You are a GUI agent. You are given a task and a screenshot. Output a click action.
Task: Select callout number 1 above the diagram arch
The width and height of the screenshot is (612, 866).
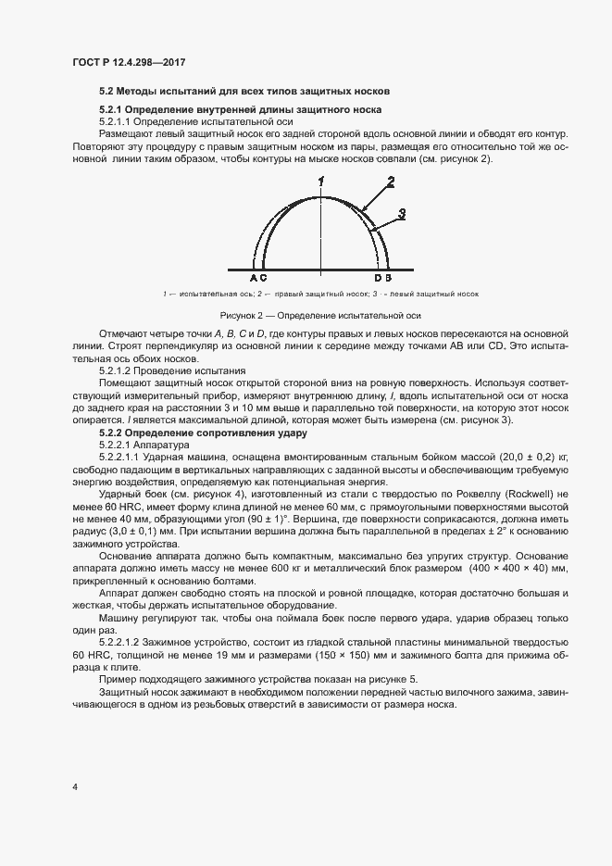coord(321,180)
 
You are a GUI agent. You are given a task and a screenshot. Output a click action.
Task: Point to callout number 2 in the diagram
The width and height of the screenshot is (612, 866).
coord(391,182)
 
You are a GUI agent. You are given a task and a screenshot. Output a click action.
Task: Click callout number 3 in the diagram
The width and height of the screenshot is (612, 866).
coord(403,213)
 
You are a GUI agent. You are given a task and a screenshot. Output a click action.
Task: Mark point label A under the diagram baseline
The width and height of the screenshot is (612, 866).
coord(253,277)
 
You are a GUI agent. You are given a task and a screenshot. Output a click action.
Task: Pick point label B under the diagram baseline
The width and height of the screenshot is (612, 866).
coord(388,277)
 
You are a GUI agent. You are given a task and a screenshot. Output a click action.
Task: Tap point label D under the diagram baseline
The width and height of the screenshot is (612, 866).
coord(378,277)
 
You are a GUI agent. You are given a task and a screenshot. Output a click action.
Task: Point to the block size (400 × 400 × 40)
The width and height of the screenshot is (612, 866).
coord(506,566)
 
